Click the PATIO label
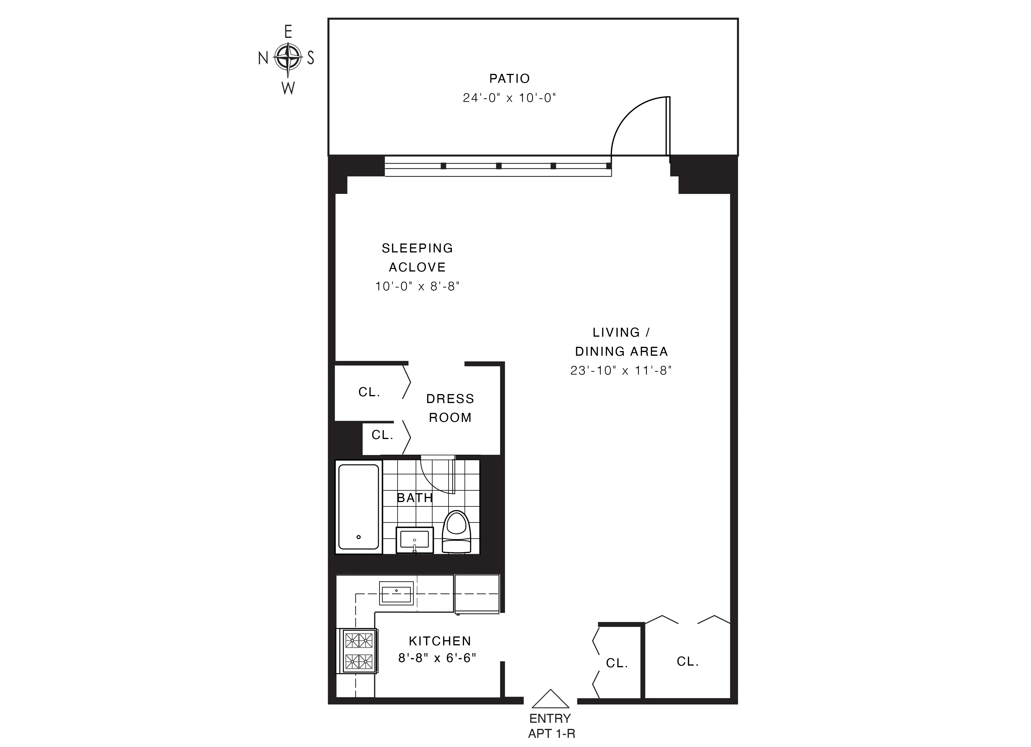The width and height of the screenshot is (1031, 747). point(510,79)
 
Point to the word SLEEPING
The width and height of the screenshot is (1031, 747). point(417,248)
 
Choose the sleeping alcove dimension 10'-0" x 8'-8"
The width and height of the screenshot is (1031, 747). point(417,286)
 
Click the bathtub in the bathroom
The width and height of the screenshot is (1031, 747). point(359,507)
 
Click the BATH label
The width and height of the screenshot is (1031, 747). point(415,498)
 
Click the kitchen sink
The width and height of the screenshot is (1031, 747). point(397,593)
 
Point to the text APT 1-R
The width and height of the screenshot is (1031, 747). point(551,733)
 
